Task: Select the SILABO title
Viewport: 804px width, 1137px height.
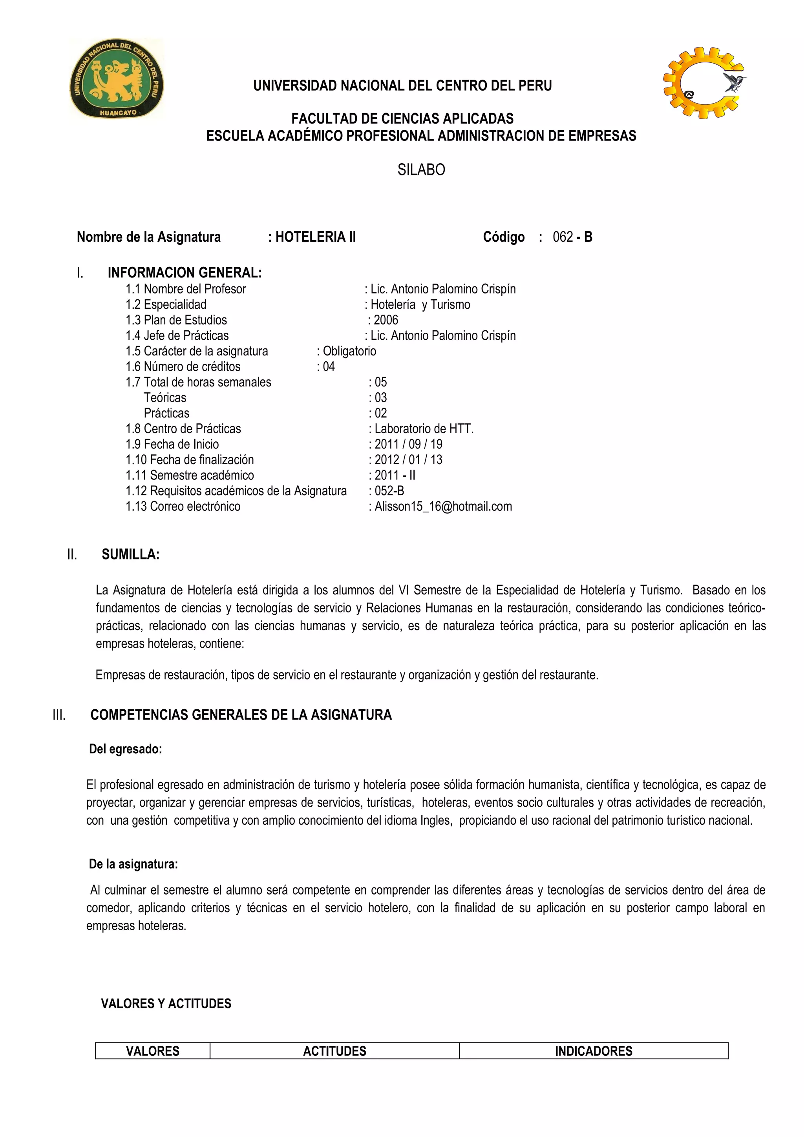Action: click(421, 170)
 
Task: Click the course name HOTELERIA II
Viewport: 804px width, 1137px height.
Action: click(316, 237)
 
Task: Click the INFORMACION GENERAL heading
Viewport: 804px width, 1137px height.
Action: click(184, 273)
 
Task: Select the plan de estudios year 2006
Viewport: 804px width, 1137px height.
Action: click(386, 320)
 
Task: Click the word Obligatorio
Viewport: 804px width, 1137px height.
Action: click(349, 351)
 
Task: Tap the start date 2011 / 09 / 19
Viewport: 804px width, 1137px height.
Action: click(408, 444)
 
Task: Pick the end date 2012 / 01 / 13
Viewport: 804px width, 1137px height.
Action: click(408, 459)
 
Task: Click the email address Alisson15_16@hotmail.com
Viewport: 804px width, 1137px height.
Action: click(443, 506)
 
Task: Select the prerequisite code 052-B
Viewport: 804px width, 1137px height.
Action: click(389, 491)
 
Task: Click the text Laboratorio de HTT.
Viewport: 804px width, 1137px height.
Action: click(424, 429)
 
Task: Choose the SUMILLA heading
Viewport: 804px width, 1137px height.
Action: click(130, 555)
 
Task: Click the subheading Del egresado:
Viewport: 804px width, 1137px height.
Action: click(125, 749)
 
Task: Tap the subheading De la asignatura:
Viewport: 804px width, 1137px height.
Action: click(133, 864)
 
